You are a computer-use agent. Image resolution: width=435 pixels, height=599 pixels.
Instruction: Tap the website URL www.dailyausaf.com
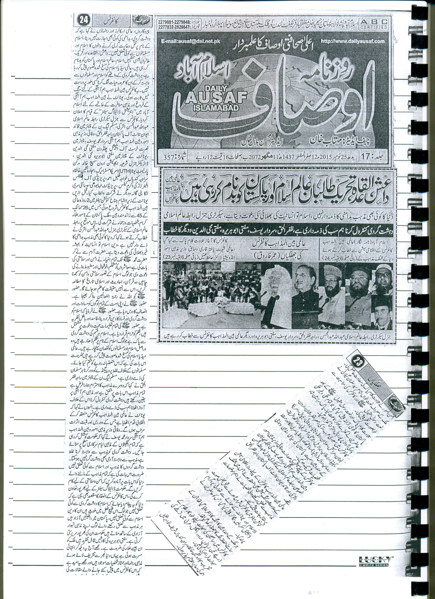(353, 41)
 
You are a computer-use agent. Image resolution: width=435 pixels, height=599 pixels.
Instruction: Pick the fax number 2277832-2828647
(174, 26)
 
